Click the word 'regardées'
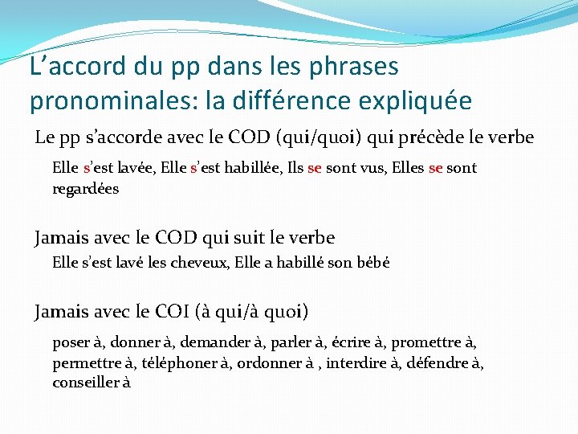(85, 189)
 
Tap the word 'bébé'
(372, 263)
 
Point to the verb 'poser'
(71, 342)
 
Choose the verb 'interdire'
(359, 362)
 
